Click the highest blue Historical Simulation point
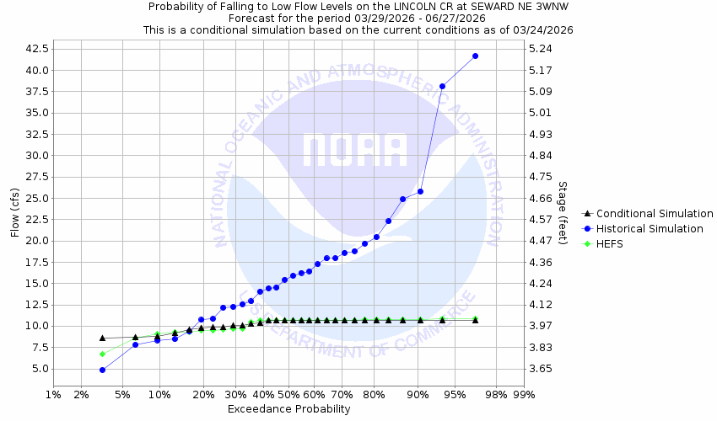475,56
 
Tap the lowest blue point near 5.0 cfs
102,370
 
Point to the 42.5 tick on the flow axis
35,49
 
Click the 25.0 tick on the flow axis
35,198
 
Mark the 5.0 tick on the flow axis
40,369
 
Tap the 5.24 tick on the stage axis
540,49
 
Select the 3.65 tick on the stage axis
540,369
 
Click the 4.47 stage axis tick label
540,241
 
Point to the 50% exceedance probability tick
288,394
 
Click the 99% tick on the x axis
524,394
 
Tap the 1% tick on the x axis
53,394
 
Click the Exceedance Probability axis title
288,409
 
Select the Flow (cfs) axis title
15,212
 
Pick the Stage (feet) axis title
563,212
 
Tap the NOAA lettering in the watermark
355,152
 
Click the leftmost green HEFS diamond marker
102,354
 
